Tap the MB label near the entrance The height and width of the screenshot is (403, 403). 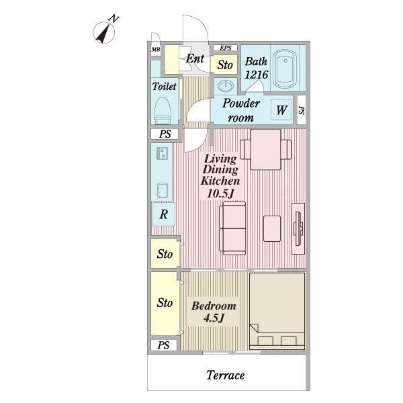[155, 49]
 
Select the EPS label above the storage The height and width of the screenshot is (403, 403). [224, 48]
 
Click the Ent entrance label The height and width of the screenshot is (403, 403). [195, 59]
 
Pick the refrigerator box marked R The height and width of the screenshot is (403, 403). [163, 215]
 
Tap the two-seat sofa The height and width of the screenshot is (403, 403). [232, 228]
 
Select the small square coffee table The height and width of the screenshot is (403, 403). [272, 228]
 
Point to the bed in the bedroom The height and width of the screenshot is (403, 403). [277, 310]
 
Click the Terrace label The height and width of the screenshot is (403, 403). [225, 375]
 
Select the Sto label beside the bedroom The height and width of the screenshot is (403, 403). [165, 303]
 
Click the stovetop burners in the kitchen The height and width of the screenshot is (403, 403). [162, 154]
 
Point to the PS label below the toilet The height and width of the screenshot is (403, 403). [165, 134]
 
